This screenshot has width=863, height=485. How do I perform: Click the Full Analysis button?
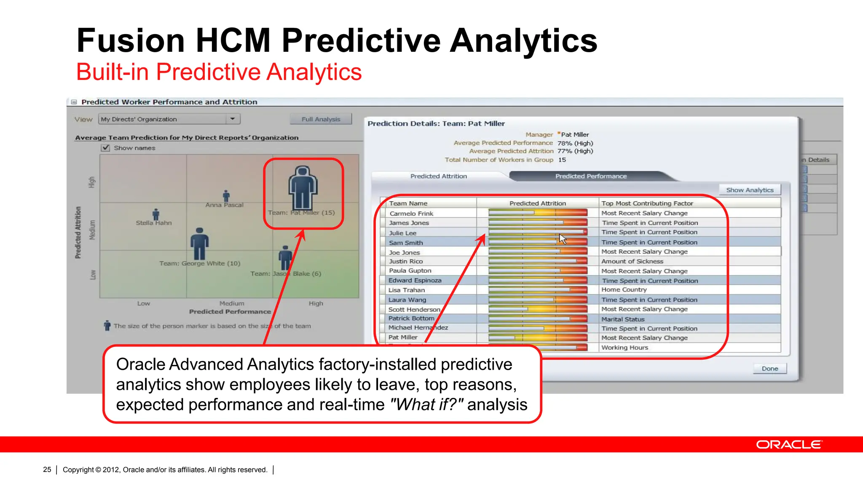(x=321, y=119)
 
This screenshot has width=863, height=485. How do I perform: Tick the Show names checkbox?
(x=106, y=148)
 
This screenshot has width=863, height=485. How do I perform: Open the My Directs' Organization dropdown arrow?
(x=232, y=119)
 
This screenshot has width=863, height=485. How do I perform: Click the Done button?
(x=769, y=368)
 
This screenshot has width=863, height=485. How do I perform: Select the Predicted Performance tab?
(x=590, y=176)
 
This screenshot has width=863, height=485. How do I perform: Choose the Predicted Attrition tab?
(x=438, y=176)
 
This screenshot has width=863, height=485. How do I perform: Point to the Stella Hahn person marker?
(x=156, y=214)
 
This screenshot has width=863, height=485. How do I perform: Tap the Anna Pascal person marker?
(x=226, y=196)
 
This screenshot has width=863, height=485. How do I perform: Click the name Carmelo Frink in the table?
(x=411, y=213)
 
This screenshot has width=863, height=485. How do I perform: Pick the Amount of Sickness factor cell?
(x=632, y=261)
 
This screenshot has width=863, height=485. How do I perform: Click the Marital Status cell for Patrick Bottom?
(x=623, y=319)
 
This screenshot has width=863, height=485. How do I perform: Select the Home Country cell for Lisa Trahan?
(x=624, y=290)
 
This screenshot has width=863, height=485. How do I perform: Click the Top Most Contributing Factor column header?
(x=647, y=203)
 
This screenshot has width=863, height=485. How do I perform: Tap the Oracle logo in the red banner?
(x=789, y=445)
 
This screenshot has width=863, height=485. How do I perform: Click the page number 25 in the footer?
(x=47, y=469)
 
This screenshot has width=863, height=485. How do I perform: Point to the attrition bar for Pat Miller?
(x=538, y=338)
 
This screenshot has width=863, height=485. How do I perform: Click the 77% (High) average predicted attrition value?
(x=575, y=151)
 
